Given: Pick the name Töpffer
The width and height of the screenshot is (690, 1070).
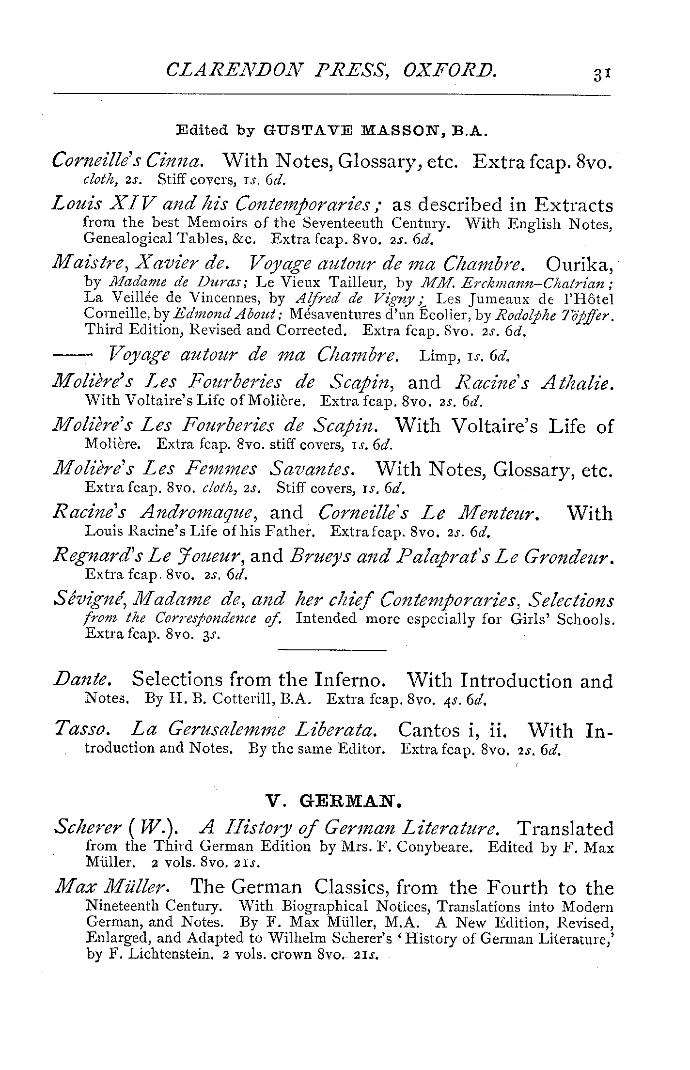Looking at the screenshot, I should (590, 316).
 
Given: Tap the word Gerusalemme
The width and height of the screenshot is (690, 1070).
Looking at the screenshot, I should (226, 730).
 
